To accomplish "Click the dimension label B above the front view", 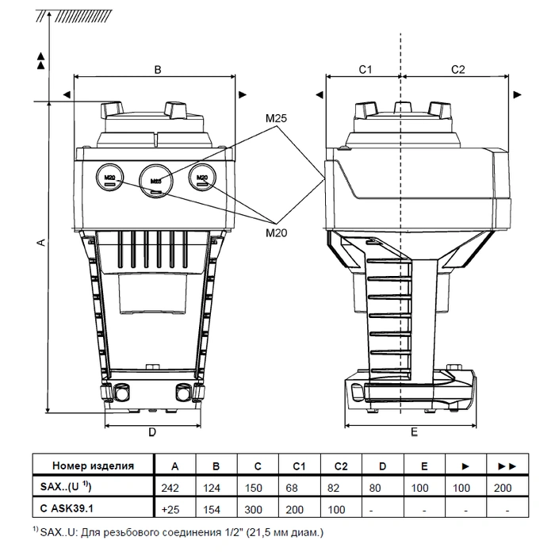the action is point(158,70).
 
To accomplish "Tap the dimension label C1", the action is point(366,70).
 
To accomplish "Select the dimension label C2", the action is point(458,70).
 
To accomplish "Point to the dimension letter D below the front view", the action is point(152,432).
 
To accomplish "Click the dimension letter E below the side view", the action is point(414,432).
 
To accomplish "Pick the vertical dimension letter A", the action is point(42,242).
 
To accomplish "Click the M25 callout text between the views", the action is point(276,118).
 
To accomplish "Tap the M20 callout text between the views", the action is point(276,232).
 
